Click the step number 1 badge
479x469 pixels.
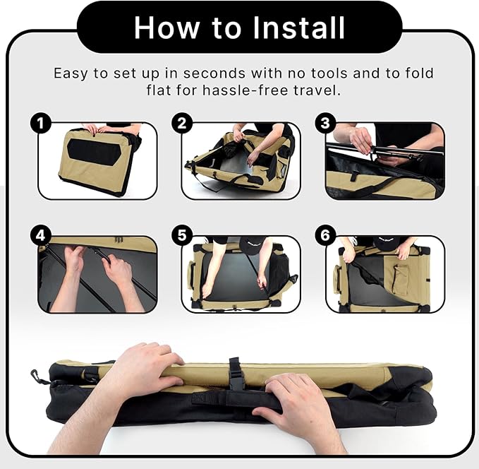click(41, 123)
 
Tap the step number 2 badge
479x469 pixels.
click(182, 123)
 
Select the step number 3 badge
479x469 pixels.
click(326, 123)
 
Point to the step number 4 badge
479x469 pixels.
click(41, 236)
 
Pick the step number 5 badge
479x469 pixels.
click(182, 236)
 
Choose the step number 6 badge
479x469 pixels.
click(326, 236)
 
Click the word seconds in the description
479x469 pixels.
click(214, 73)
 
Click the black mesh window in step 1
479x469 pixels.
click(95, 152)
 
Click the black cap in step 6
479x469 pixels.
click(387, 242)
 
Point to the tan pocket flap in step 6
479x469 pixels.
click(396, 272)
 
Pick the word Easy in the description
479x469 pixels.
click(71, 74)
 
